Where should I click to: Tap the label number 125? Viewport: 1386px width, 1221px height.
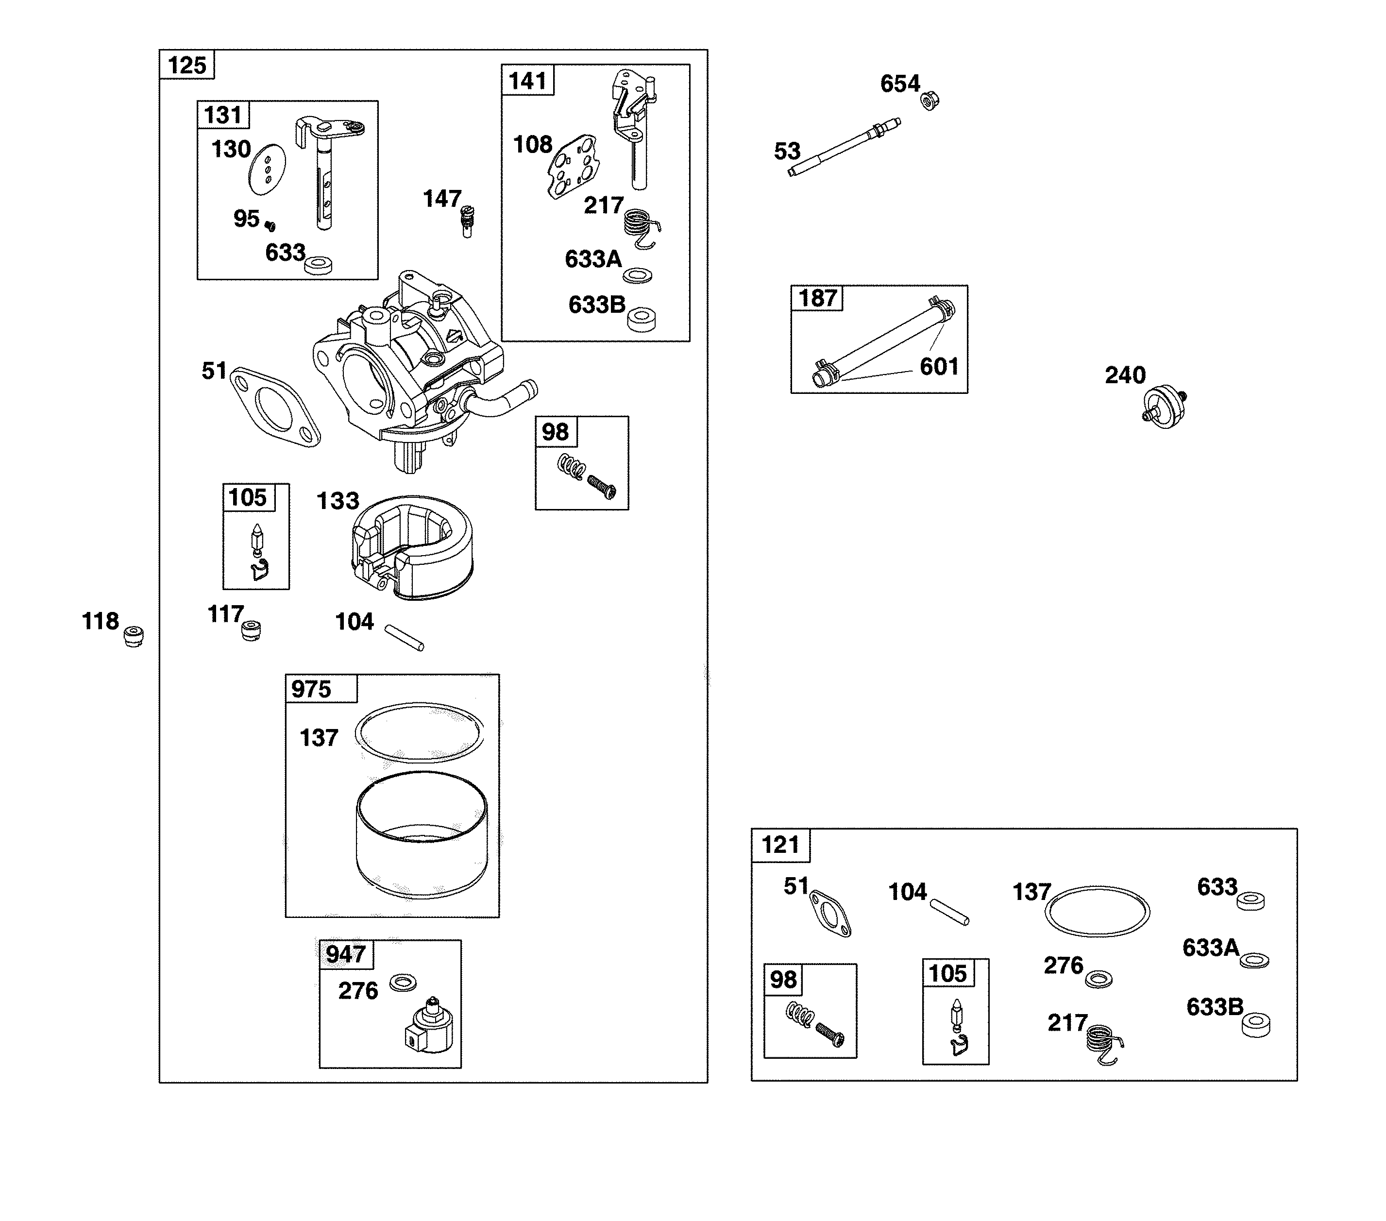[x=186, y=66]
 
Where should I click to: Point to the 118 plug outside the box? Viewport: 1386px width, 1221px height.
[x=134, y=636]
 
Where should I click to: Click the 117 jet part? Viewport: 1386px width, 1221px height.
[x=252, y=630]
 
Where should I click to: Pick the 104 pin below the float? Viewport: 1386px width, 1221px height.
[x=404, y=638]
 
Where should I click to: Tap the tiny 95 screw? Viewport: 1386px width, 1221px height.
[x=270, y=226]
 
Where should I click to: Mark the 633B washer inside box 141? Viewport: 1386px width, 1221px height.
[x=641, y=320]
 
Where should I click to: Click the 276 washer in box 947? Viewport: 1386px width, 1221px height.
[x=403, y=982]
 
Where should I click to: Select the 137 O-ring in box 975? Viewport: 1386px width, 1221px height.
[x=420, y=732]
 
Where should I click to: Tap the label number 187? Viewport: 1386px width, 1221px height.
[x=817, y=299]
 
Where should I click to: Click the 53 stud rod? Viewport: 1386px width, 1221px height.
[x=844, y=147]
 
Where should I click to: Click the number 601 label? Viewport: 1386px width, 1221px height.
[x=938, y=367]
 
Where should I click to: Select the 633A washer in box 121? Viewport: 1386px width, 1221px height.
[x=1254, y=961]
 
